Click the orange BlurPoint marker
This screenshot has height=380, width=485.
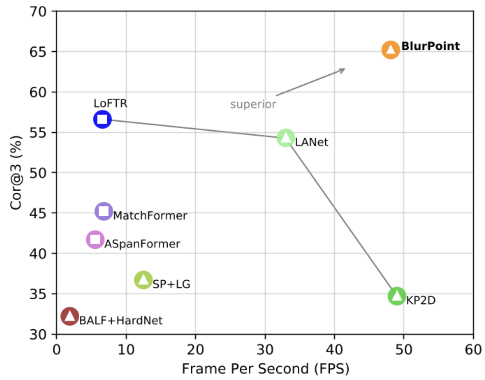point(390,50)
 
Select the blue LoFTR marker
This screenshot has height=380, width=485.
point(102,119)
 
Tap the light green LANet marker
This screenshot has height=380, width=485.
point(286,138)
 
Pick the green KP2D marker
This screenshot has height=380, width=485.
point(397,296)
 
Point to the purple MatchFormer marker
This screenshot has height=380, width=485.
point(103,211)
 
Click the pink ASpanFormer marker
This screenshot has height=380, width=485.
point(95,240)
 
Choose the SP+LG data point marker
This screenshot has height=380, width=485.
point(143,280)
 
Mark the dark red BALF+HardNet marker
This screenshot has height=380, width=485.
point(70,316)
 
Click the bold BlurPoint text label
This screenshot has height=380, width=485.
point(430,46)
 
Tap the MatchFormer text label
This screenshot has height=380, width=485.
point(150,216)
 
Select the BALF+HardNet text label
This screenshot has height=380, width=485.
point(121,321)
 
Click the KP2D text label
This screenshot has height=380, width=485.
point(421,300)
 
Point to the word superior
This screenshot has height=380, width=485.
point(253,104)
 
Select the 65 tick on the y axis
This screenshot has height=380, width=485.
point(38,52)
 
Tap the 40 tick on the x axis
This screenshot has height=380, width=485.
point(334,350)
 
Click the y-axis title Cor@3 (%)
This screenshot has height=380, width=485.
point(16,172)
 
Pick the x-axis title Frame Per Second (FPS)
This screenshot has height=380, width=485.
point(265,369)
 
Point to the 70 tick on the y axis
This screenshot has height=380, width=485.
point(38,11)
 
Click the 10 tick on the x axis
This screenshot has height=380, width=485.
point(126,350)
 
